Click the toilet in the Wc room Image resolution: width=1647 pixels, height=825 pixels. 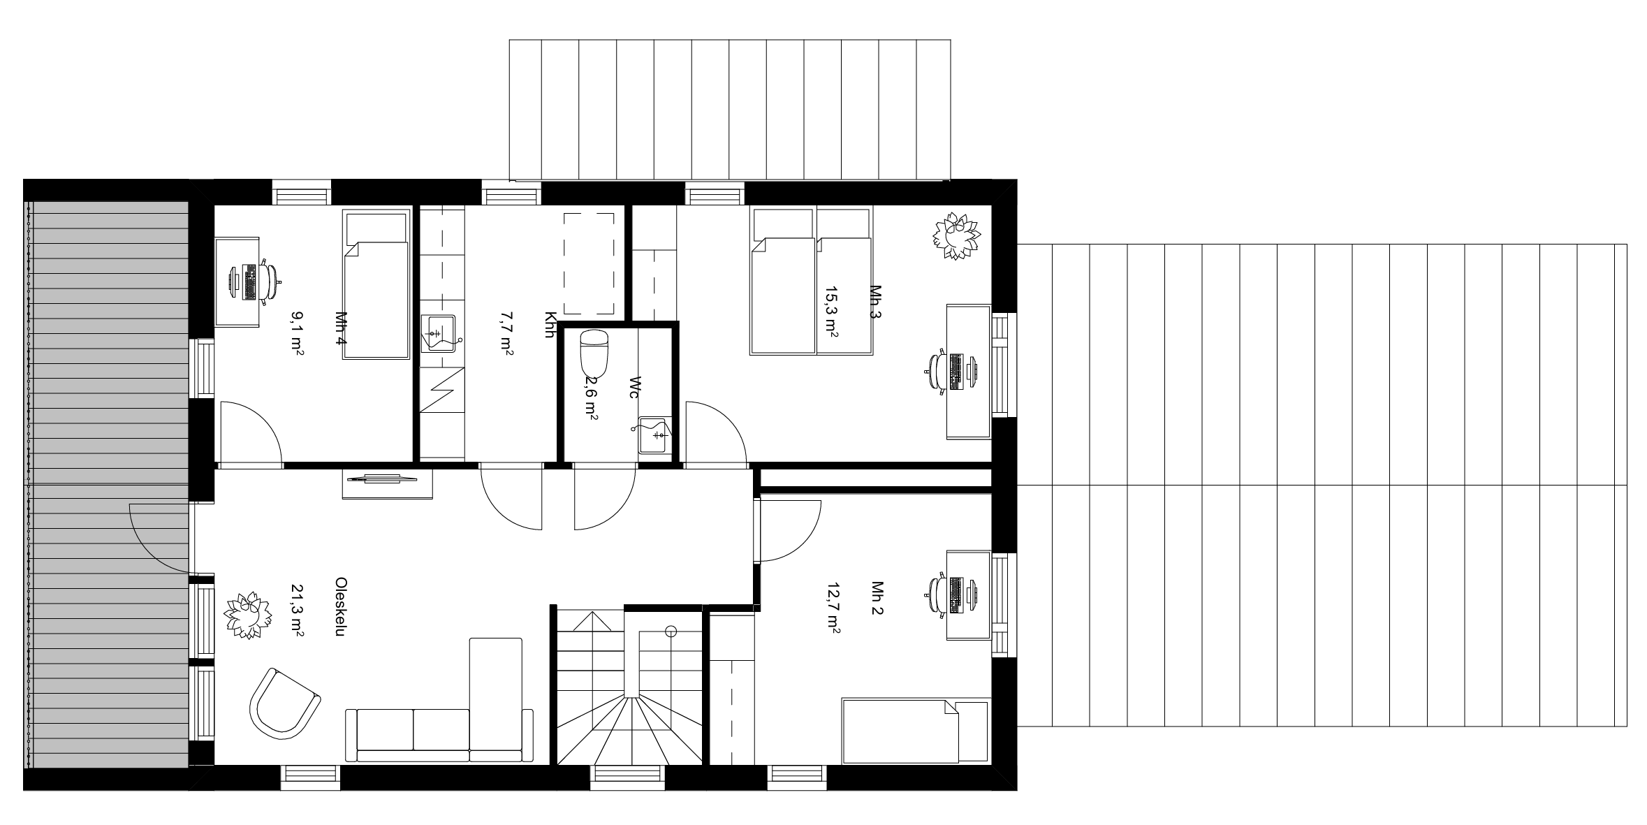[595, 352]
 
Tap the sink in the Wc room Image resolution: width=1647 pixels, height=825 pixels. [654, 435]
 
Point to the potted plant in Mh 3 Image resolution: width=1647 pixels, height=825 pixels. [956, 235]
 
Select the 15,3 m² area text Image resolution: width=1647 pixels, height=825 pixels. [831, 312]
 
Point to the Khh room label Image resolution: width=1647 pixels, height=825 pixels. [549, 324]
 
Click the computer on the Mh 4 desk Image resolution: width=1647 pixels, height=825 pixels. [242, 282]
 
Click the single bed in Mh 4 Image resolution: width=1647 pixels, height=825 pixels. [376, 286]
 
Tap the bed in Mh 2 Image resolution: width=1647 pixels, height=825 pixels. [915, 730]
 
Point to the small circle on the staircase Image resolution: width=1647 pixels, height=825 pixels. [671, 631]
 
